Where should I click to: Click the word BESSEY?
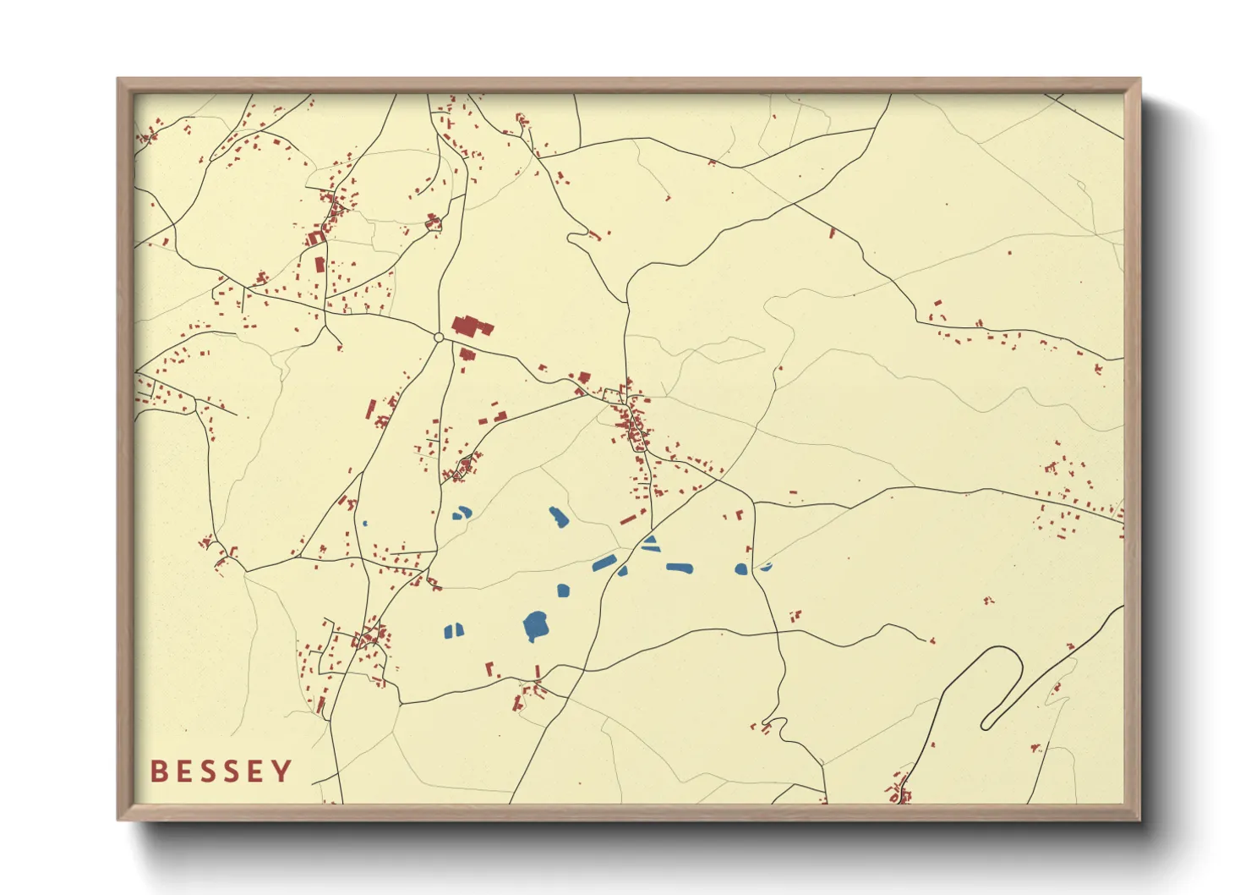pyautogui.click(x=221, y=771)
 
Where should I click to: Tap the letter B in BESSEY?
pyautogui.click(x=158, y=771)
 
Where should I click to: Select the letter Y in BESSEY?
pyautogui.click(x=282, y=771)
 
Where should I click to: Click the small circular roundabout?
pyautogui.click(x=439, y=338)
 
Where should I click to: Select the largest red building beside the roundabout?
pyautogui.click(x=471, y=326)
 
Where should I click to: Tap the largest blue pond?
pyautogui.click(x=536, y=626)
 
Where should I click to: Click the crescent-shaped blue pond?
pyautogui.click(x=766, y=567)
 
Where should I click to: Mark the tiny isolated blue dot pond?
pyautogui.click(x=365, y=524)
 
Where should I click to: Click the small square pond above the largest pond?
pyautogui.click(x=563, y=590)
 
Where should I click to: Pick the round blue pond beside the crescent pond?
pyautogui.click(x=741, y=569)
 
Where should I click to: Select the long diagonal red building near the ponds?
pyautogui.click(x=627, y=519)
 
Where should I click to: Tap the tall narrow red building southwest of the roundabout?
pyautogui.click(x=370, y=409)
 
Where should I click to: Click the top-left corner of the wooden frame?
pyautogui.click(x=118, y=80)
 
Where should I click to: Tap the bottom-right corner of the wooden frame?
pyautogui.click(x=1139, y=819)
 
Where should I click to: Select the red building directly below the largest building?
pyautogui.click(x=467, y=354)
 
